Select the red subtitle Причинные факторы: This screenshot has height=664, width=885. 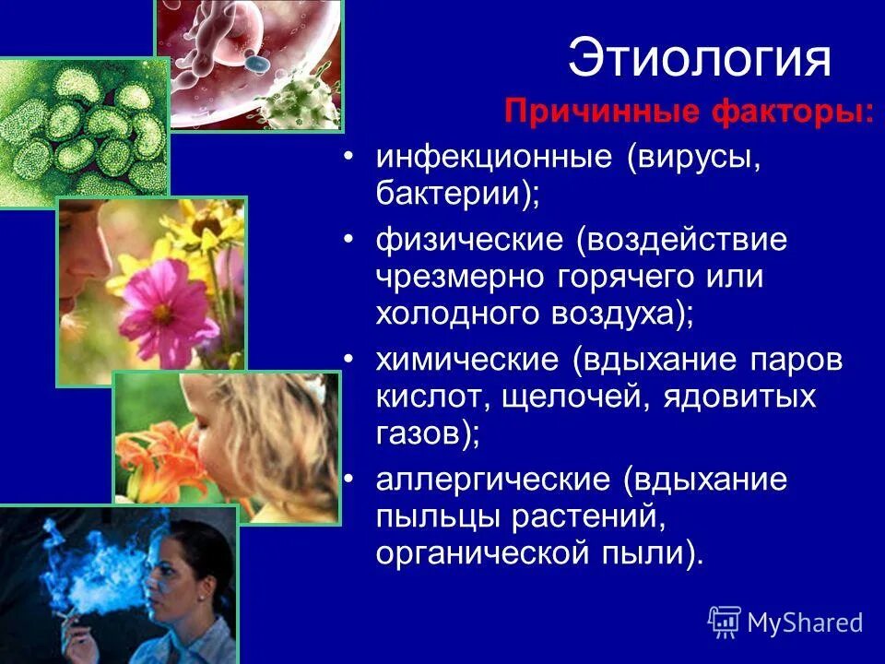[690, 115]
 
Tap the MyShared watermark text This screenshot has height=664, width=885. [804, 622]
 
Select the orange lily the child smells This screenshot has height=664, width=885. [166, 452]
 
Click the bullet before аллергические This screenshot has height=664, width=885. [348, 481]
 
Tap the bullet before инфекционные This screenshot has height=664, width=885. [348, 159]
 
